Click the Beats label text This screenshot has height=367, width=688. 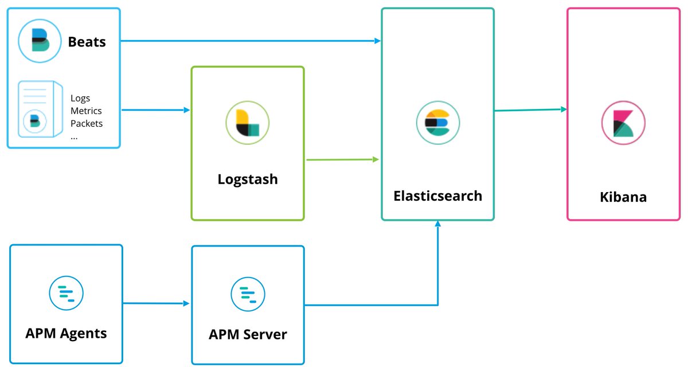87,42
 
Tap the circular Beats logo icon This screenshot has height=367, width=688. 40,41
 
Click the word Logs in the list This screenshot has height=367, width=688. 80,98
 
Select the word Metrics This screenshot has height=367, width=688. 86,111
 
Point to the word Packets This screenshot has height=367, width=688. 87,123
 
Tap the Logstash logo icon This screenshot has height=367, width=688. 248,121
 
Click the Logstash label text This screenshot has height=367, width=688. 248,179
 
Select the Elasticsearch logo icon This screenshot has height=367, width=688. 437,122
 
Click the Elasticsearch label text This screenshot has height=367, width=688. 437,196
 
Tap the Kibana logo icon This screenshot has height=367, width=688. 623,122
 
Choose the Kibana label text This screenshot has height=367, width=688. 623,197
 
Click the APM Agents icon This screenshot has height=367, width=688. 66,293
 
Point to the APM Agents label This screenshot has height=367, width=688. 66,333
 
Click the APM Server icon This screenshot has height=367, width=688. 248,294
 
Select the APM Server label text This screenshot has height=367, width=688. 248,334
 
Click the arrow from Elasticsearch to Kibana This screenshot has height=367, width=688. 530,110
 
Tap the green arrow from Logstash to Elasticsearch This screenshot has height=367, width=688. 342,159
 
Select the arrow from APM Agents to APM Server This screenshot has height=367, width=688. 156,303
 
